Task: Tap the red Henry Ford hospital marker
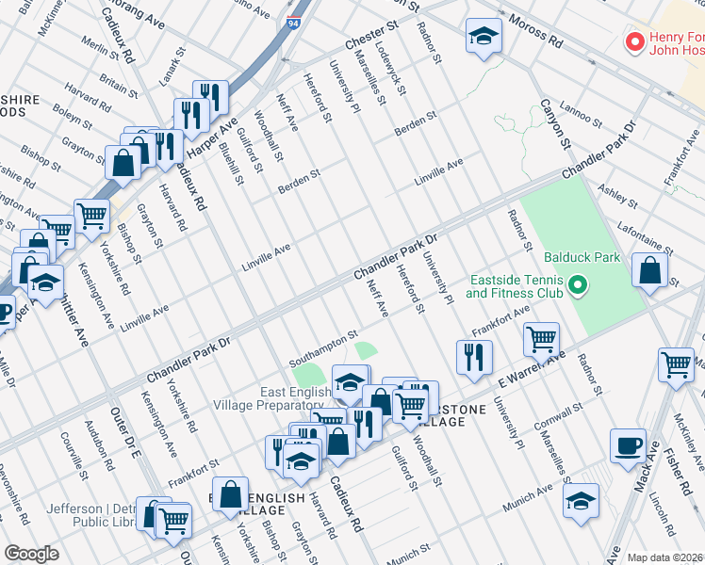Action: pos(635,43)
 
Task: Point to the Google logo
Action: pos(31,554)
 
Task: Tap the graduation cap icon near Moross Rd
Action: pos(484,37)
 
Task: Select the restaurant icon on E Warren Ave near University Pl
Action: pos(474,357)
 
